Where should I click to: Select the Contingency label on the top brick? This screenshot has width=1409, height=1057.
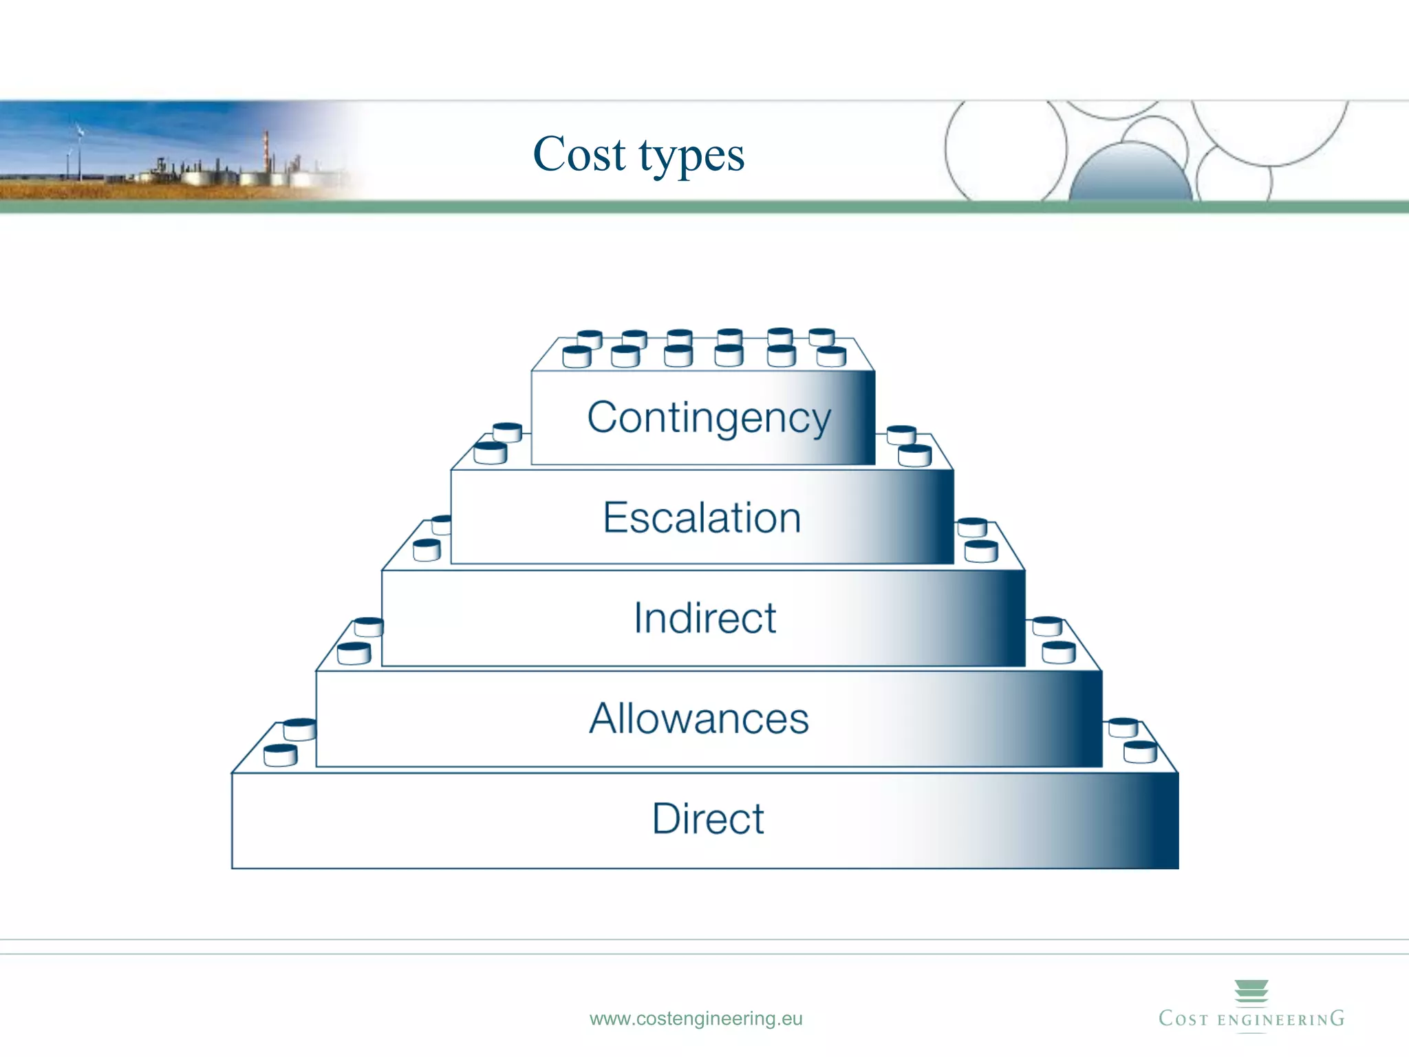[709, 418]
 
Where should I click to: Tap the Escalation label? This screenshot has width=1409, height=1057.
[702, 517]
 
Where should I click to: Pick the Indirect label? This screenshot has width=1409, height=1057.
[704, 617]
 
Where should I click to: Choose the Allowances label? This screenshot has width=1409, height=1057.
[699, 718]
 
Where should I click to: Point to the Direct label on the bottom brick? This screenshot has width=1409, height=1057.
[708, 819]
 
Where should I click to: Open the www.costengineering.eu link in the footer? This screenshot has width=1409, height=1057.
[696, 1018]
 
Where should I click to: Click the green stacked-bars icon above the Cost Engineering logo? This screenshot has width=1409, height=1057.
[1251, 992]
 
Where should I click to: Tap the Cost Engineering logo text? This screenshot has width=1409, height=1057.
[1251, 1019]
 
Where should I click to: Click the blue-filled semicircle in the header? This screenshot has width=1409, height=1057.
[1130, 175]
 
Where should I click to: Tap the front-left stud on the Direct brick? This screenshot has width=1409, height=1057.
[280, 755]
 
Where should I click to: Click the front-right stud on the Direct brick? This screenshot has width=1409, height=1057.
[1140, 752]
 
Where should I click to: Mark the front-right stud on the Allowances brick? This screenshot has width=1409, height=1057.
[1058, 652]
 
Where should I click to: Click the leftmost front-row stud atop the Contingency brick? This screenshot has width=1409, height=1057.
[577, 357]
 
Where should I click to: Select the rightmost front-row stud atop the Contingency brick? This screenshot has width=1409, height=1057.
[831, 356]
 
